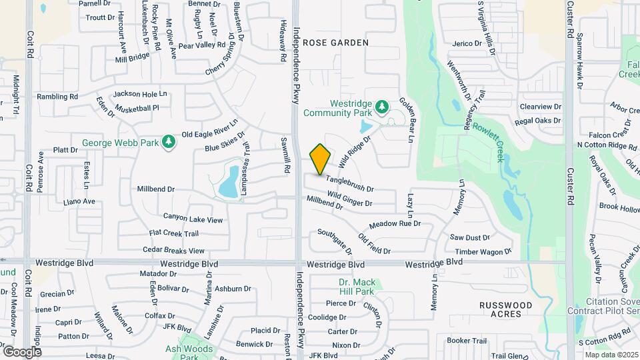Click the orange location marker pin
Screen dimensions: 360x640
click(x=320, y=159)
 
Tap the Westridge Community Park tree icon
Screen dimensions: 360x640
click(x=381, y=107)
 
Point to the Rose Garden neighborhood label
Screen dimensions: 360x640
click(x=335, y=43)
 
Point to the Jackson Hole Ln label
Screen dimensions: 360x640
click(x=140, y=94)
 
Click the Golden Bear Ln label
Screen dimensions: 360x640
click(x=407, y=120)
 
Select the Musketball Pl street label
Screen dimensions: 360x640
click(x=137, y=107)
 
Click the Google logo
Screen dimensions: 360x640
click(x=21, y=351)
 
